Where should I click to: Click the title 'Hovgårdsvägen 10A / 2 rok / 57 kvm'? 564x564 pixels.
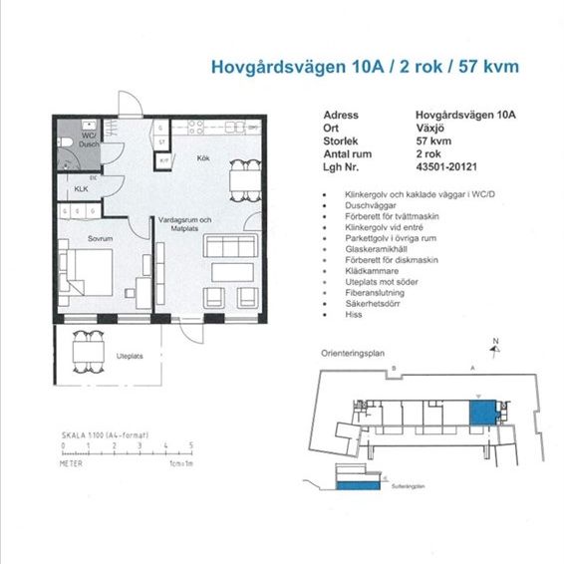[365, 68]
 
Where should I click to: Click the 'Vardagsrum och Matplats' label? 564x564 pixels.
[186, 223]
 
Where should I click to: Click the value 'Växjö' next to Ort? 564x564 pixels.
[431, 128]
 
